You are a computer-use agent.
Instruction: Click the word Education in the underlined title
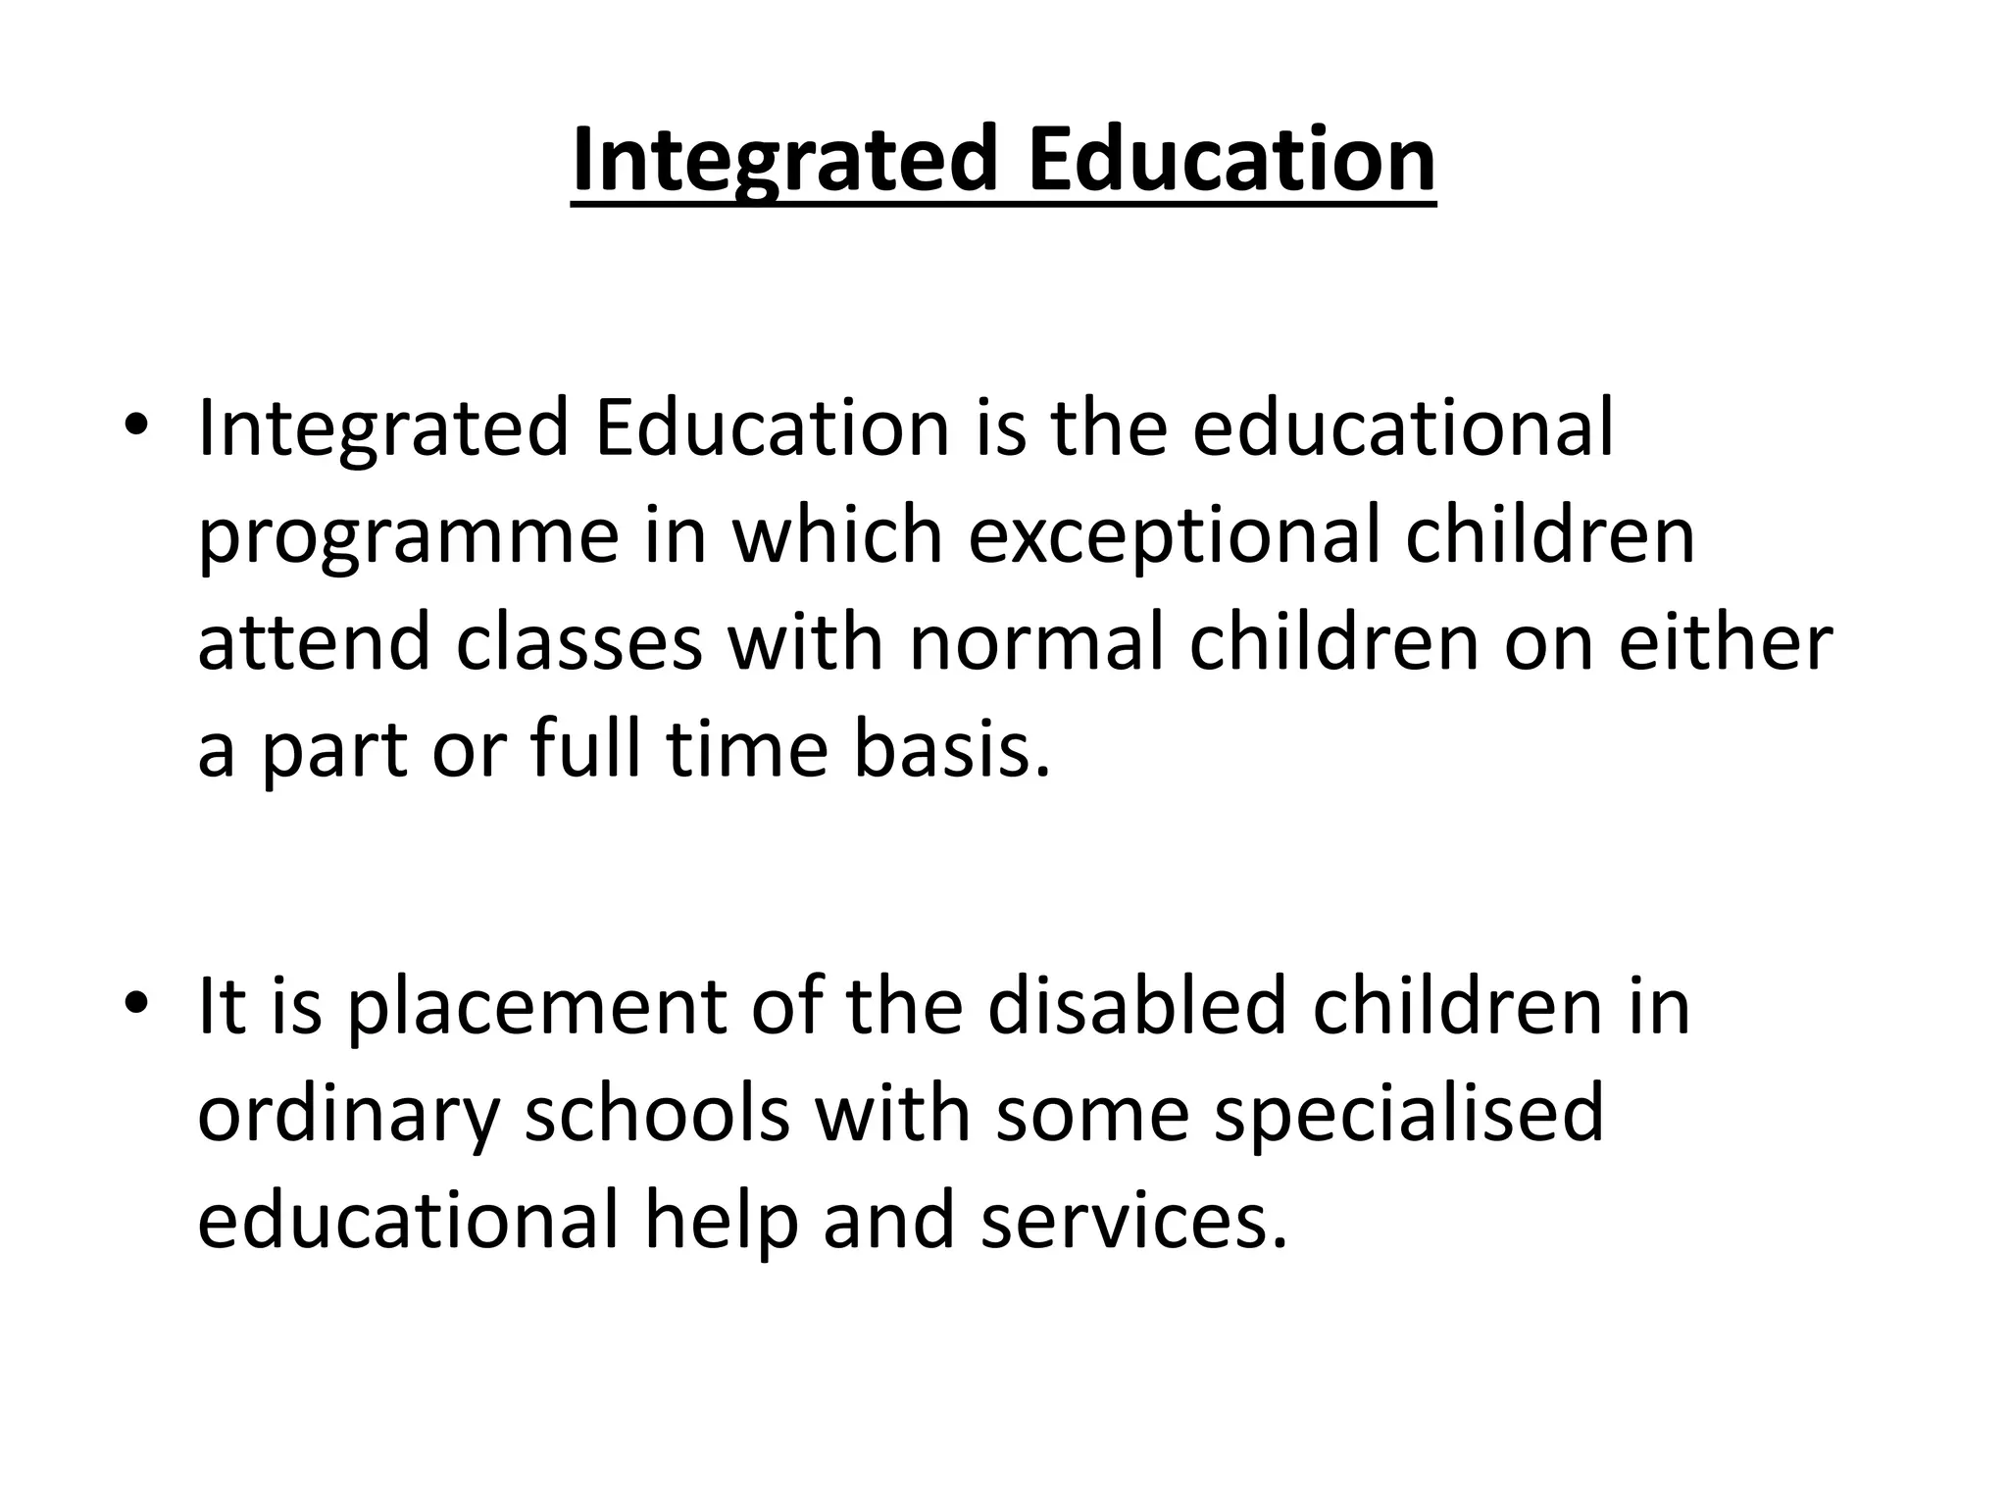(x=1231, y=160)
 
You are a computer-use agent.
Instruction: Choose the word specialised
(x=1409, y=1116)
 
